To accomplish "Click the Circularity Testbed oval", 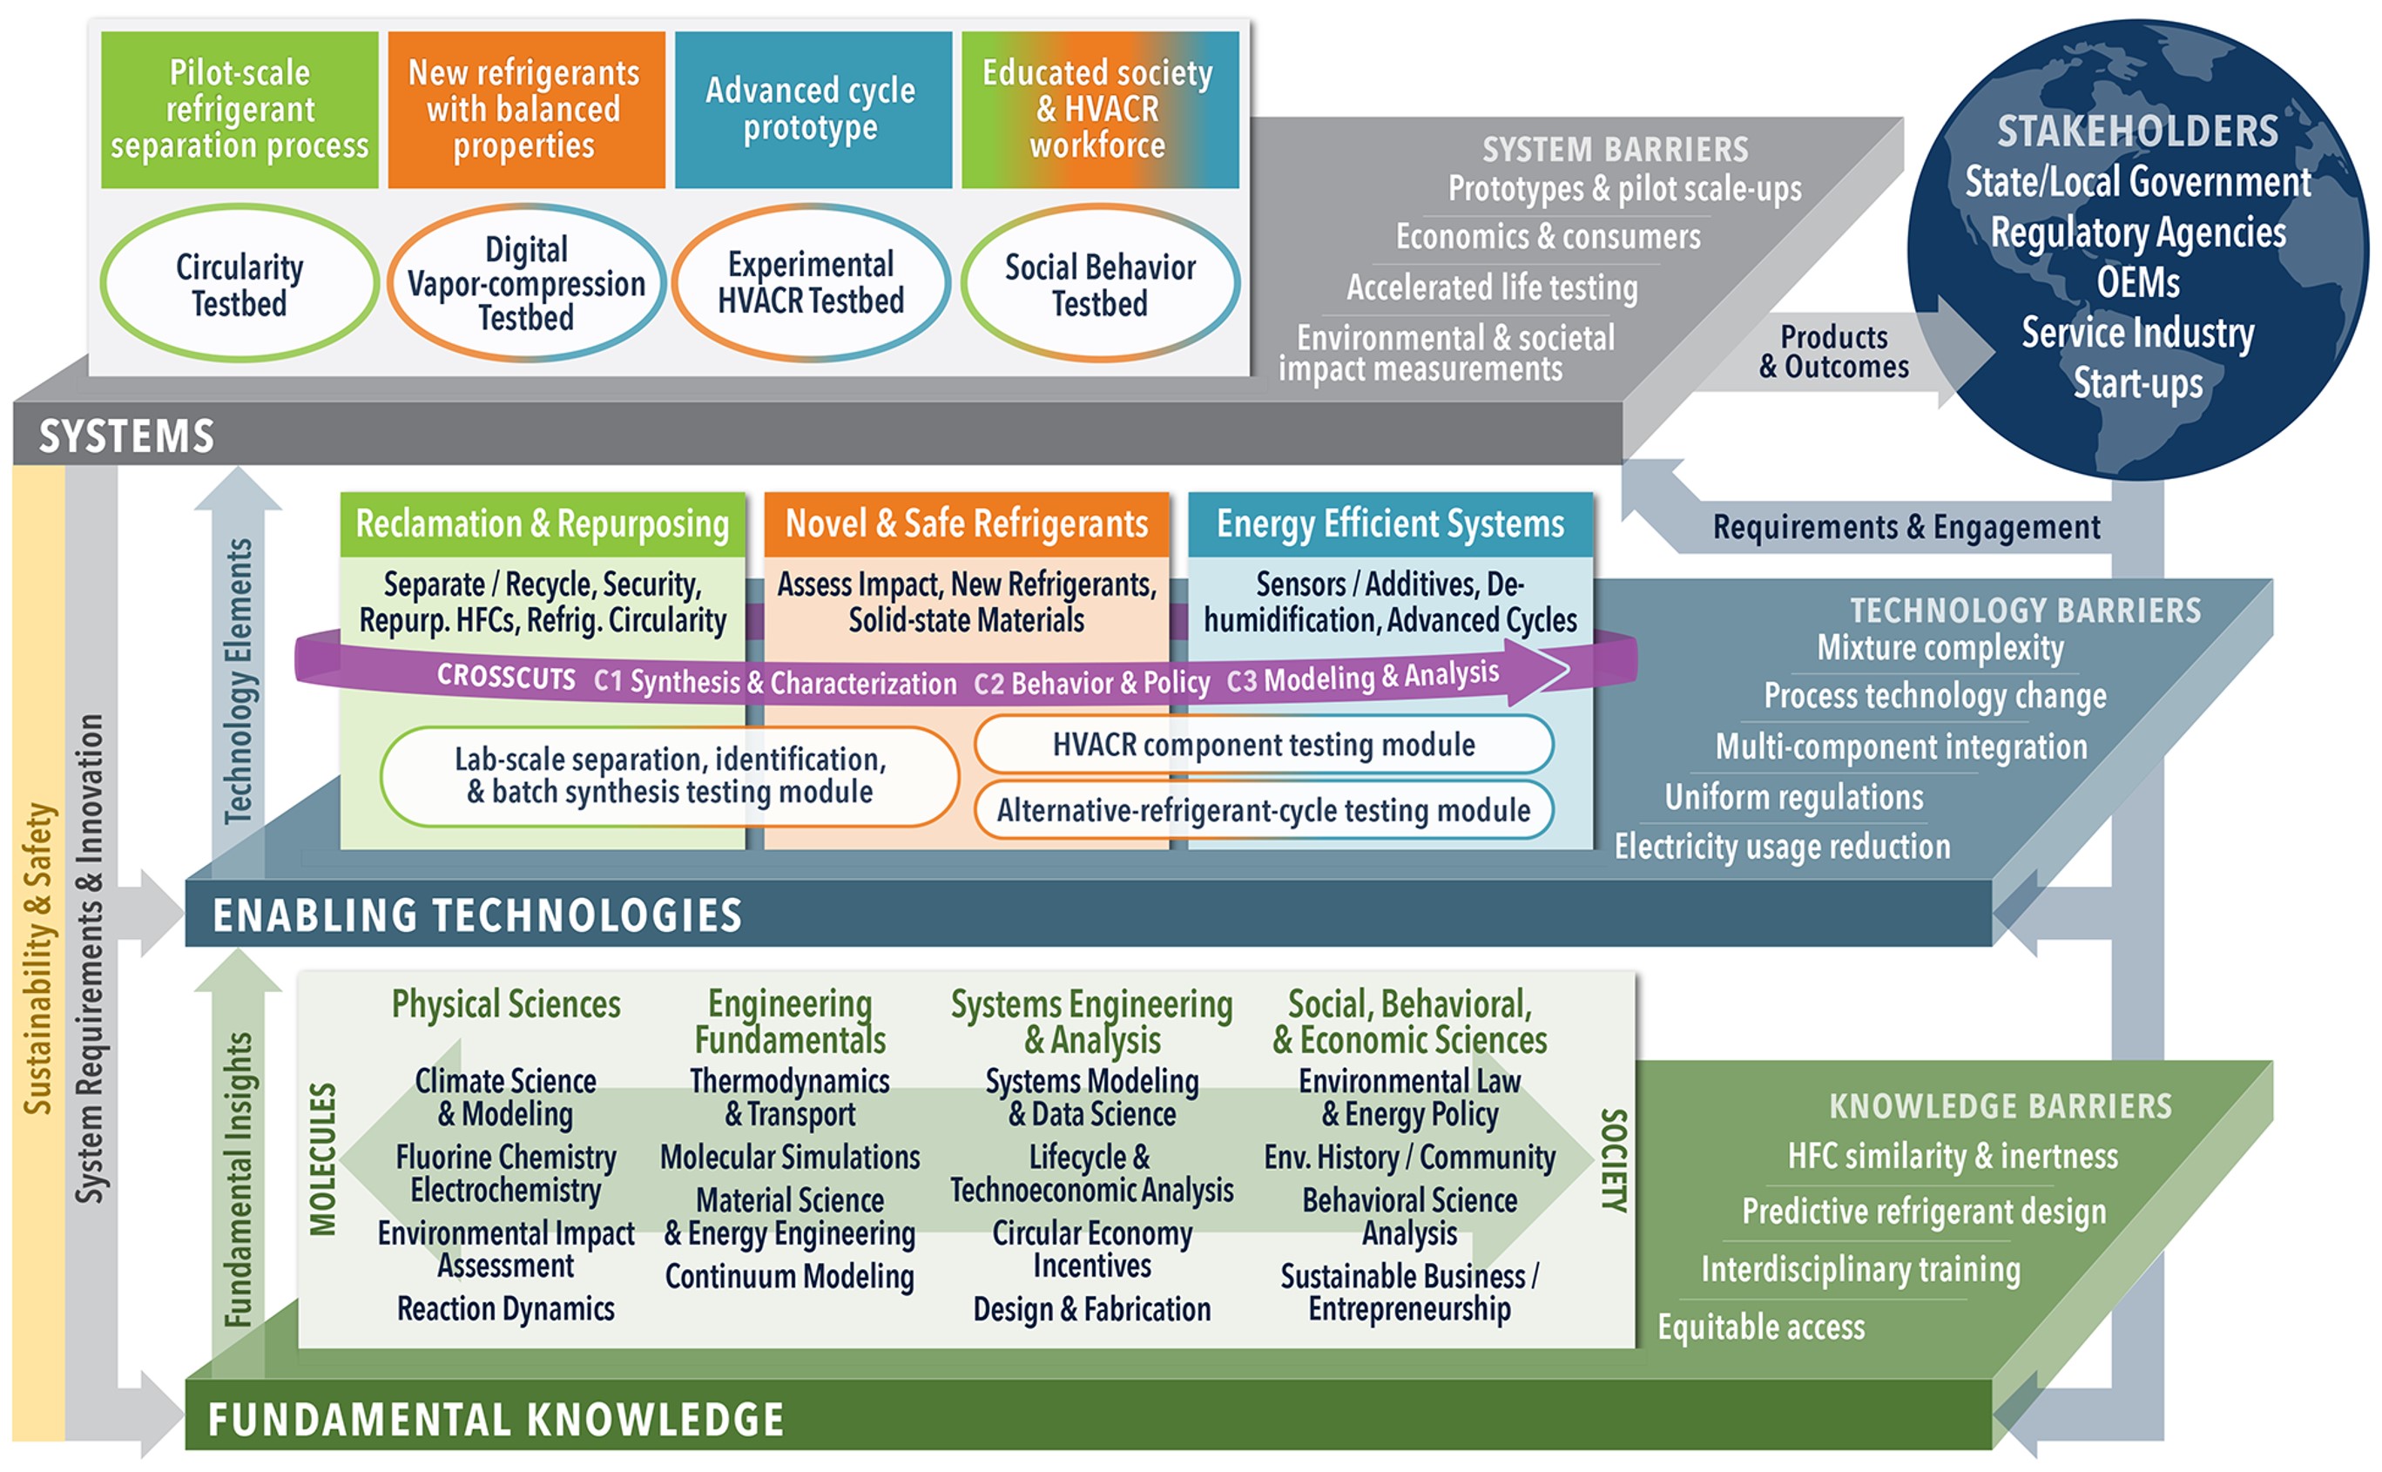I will point(240,283).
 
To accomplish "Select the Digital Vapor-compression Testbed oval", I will point(526,283).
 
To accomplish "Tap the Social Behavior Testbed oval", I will point(1100,283).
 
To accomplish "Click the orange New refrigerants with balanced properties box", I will point(526,109).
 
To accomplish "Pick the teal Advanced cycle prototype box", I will point(812,109).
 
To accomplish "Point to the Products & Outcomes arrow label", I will point(1834,351).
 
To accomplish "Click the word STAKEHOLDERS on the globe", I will point(2137,132).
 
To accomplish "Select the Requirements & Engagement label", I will point(1906,527).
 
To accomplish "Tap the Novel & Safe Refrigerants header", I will point(967,523).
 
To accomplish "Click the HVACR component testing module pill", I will point(1264,745).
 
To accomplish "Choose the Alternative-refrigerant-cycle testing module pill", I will point(1264,810).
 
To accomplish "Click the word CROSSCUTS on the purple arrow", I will point(506,677).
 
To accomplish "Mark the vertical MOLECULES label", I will point(323,1158).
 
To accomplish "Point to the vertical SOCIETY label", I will point(1613,1158).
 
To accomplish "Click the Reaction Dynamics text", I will point(506,1308).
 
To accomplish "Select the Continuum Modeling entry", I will point(789,1275).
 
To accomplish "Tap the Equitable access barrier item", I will point(1761,1327).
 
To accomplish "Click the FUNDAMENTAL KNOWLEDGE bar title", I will point(496,1420).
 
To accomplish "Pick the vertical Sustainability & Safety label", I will point(38,959).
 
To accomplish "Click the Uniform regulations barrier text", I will point(1794,797).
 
